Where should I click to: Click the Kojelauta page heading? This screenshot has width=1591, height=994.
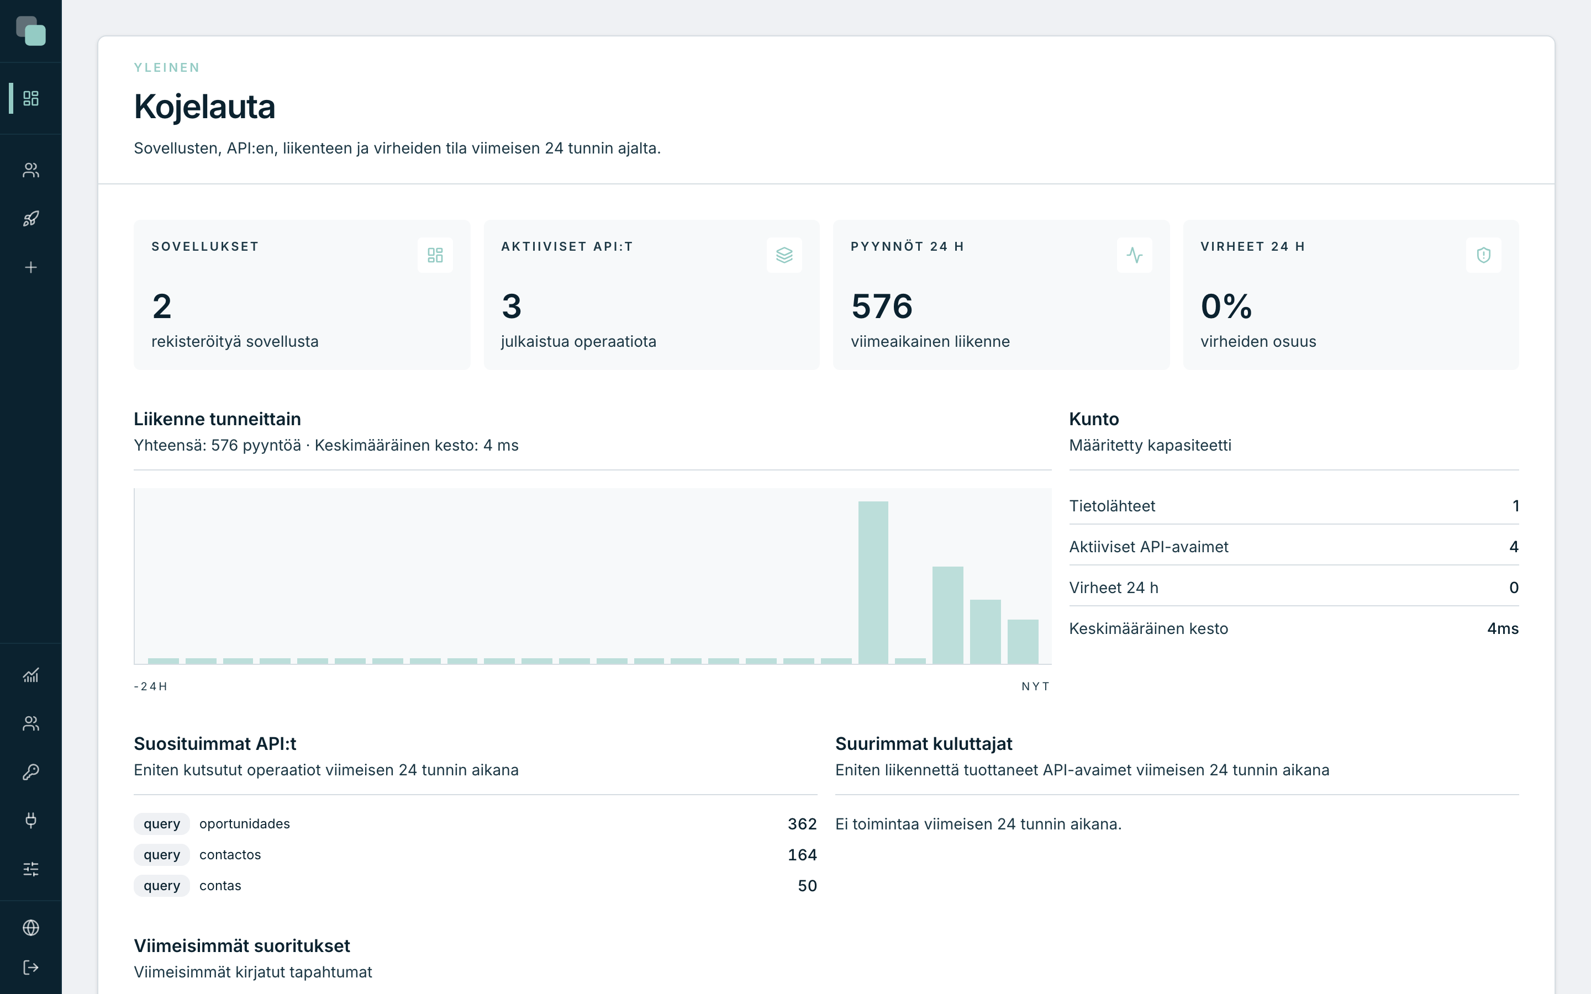tap(204, 107)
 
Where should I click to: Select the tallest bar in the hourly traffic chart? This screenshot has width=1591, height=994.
tap(873, 583)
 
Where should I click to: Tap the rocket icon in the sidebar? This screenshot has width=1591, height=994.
tap(31, 219)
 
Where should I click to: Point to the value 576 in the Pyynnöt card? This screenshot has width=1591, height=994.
tap(882, 306)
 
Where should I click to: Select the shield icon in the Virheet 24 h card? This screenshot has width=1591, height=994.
tap(1483, 255)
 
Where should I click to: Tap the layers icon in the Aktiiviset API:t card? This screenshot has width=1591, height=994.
tap(784, 255)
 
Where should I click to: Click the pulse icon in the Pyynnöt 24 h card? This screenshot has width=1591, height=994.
tap(1134, 255)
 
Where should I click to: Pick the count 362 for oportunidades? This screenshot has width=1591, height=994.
tap(802, 824)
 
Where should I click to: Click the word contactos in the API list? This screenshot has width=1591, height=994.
tap(230, 855)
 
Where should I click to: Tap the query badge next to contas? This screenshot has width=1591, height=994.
tap(162, 886)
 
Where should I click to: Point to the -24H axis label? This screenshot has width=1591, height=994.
tap(151, 686)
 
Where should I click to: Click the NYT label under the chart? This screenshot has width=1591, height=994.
tap(1035, 686)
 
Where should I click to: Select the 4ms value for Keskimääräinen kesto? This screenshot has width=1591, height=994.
tap(1503, 628)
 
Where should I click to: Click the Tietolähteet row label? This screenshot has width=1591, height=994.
tap(1111, 505)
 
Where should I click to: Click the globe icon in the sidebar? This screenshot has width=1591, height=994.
tap(31, 928)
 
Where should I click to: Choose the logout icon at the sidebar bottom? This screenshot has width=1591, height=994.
tap(31, 967)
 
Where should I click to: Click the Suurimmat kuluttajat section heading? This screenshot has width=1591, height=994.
tap(924, 743)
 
